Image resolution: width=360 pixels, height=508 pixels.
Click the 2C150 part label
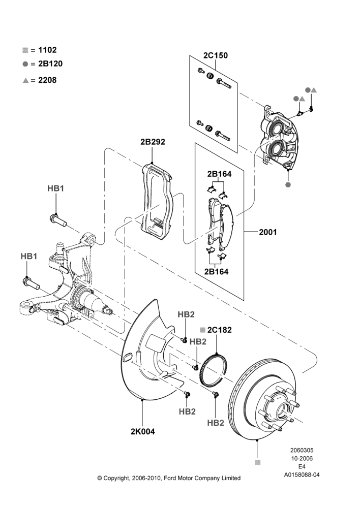coord(216,55)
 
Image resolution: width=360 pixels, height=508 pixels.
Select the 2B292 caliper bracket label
coord(153,142)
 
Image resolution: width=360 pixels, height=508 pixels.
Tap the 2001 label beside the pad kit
coord(268,232)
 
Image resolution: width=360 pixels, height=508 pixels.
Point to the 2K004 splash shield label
coord(143,431)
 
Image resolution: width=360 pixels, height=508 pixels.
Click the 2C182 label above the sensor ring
coord(220,330)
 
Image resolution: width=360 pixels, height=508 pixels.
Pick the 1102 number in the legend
coord(47,50)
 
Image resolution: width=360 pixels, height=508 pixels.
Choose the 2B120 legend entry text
coord(50,64)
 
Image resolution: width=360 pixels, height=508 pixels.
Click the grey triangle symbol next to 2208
coord(25,80)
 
